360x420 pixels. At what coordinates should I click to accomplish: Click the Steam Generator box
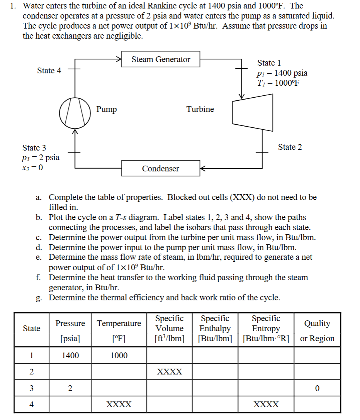tap(161, 59)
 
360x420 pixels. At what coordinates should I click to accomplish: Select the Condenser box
tap(161, 169)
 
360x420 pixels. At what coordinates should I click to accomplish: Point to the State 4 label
tap(49, 71)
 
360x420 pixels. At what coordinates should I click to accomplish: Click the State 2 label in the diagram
tap(290, 147)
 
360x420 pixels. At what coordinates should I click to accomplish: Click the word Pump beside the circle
tap(107, 109)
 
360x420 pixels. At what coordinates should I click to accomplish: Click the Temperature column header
tap(119, 323)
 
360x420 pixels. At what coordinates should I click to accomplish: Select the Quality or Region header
tap(317, 331)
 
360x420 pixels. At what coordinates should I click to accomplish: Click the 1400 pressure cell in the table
tap(70, 356)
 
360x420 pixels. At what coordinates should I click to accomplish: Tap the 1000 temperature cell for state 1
tap(119, 356)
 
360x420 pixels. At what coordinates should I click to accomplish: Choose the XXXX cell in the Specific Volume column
tap(170, 372)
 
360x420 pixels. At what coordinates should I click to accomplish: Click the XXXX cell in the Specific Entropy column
tap(266, 405)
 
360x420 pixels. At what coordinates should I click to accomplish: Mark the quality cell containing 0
tap(317, 388)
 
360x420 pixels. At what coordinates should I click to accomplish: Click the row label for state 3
tap(32, 388)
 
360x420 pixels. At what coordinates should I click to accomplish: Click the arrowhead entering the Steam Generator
tap(119, 59)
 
